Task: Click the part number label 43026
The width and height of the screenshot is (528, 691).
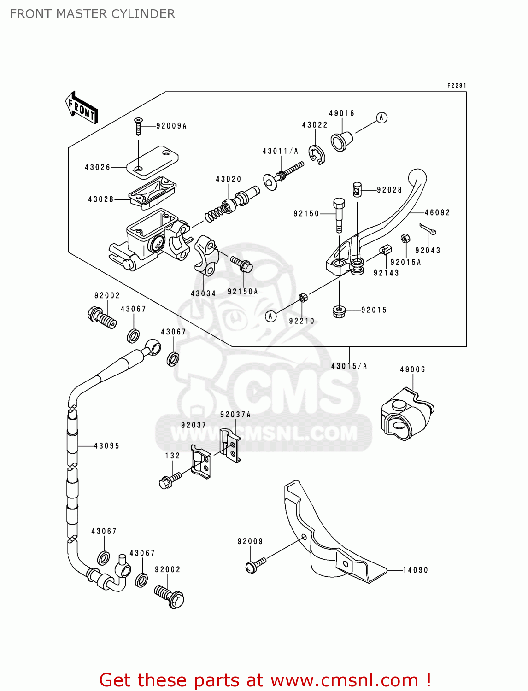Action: coord(98,167)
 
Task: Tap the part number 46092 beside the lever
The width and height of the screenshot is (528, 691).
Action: coord(437,212)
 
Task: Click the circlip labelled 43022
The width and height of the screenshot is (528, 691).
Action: coord(317,155)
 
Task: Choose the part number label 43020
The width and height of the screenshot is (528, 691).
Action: coord(229,179)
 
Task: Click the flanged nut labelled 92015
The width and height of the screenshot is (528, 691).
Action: coord(340,311)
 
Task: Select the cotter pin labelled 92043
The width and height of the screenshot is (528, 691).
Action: coord(428,228)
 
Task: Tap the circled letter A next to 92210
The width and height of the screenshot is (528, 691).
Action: coord(271,316)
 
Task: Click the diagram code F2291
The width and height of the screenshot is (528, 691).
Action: coord(457,85)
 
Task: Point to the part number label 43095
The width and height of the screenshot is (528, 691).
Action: coord(107,446)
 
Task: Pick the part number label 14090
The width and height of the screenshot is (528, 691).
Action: coord(416,570)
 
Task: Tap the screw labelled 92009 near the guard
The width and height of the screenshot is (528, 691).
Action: coord(255,564)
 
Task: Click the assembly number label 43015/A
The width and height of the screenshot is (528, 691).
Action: coord(349,366)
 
